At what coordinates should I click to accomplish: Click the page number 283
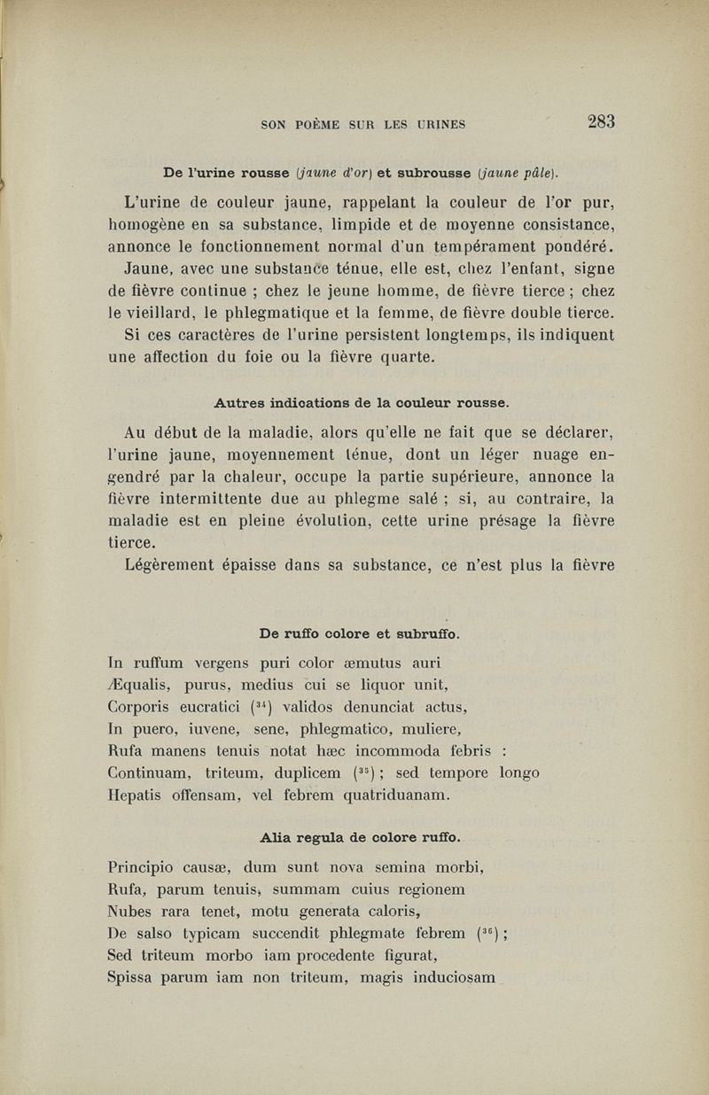595,121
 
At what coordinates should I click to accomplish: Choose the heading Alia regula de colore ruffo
361,837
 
